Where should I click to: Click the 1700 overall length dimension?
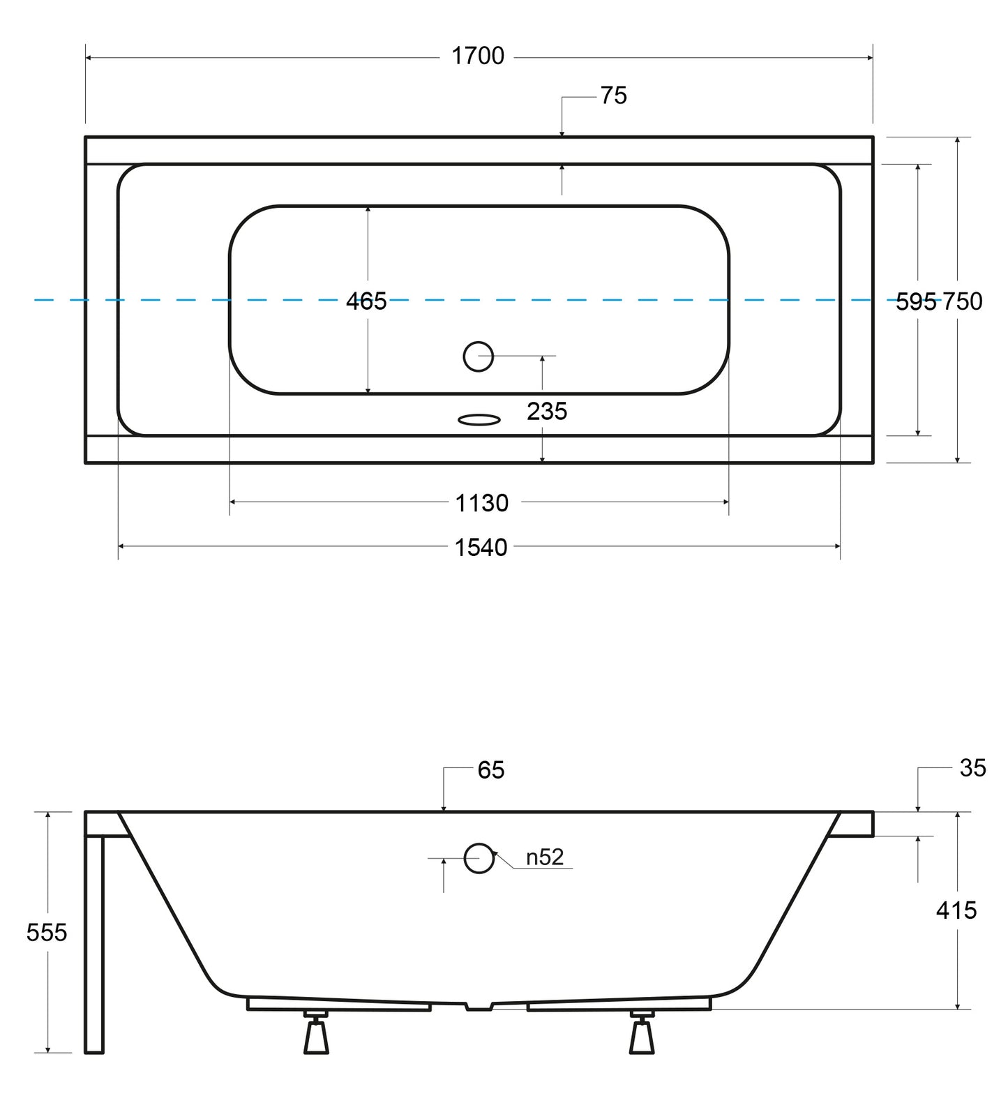coord(478,56)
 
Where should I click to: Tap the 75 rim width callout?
coord(613,96)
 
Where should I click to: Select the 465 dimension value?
coord(366,301)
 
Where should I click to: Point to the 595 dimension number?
coord(915,301)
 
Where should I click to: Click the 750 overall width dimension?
coord(963,301)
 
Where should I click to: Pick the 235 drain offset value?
coord(547,412)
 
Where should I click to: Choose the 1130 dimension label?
coord(482,503)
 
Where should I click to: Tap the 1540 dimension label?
coord(481,548)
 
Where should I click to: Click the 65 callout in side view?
coord(491,770)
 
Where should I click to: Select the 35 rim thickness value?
coord(972,768)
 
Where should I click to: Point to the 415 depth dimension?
coord(956,910)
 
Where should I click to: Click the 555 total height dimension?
coord(47,933)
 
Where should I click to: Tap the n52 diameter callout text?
coord(545,857)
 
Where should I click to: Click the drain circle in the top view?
coord(479,356)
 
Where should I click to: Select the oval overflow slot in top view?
coord(479,420)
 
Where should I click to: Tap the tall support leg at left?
coord(94,942)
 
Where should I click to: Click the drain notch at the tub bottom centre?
coord(479,1007)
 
